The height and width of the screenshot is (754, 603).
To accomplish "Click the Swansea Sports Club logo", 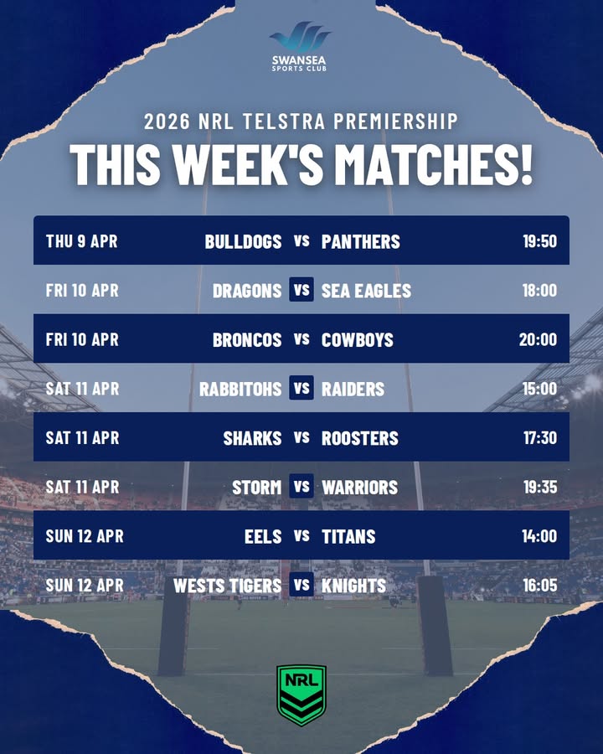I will (x=300, y=47).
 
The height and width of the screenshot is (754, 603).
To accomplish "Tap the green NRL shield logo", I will (x=301, y=695).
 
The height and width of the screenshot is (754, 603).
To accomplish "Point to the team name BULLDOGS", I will (x=243, y=242).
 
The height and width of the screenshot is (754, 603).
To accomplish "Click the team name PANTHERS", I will (x=361, y=242).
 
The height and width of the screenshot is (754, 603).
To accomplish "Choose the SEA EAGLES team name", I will (x=366, y=291).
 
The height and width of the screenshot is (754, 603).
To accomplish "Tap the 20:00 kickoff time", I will (x=538, y=340).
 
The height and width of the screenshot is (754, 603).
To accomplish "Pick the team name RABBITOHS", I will (x=240, y=389).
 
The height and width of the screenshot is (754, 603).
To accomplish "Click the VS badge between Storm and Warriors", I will (x=301, y=487).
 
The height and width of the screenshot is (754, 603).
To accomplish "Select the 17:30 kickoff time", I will (x=539, y=438).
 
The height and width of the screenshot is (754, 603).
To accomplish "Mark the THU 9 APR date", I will (x=81, y=242).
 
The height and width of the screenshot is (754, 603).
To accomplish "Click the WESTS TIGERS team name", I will (x=227, y=586).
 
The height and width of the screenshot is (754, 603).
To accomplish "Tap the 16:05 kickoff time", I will (x=539, y=586).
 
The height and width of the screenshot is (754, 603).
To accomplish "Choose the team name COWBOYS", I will (x=358, y=340).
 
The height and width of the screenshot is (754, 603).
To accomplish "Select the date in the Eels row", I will (x=85, y=536).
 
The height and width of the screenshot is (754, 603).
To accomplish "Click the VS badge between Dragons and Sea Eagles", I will (x=301, y=291).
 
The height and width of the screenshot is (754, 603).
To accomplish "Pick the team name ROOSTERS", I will (x=360, y=438).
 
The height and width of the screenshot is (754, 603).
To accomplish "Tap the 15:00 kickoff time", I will (x=539, y=389).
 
